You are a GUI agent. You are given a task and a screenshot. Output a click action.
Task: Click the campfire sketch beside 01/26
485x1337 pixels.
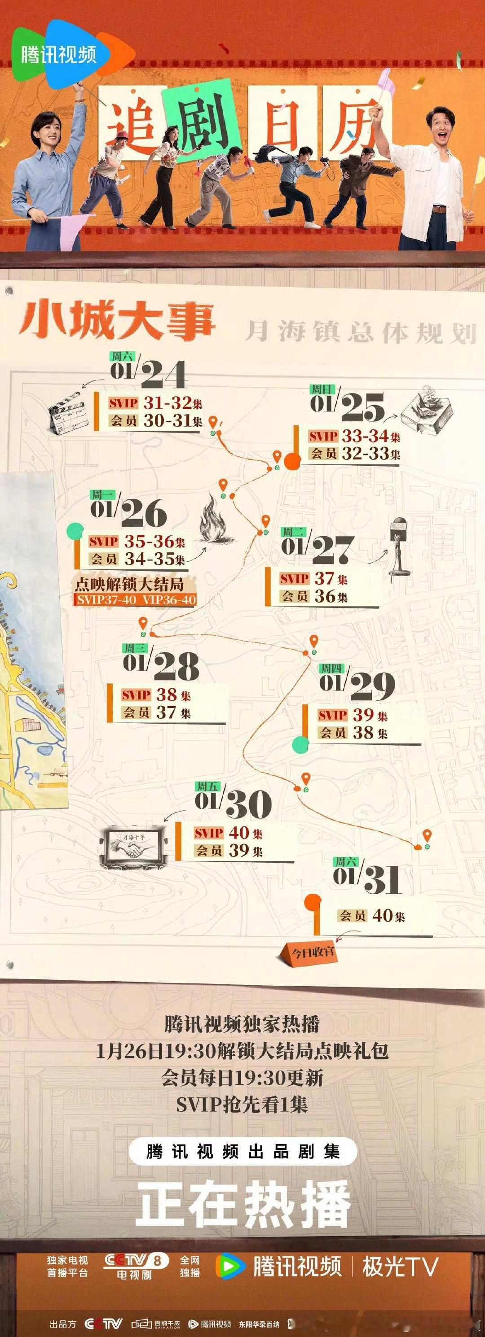[x=216, y=520]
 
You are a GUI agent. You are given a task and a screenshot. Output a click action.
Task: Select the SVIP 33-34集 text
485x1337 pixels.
[x=355, y=436]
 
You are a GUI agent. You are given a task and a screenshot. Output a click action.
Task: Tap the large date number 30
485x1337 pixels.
[x=248, y=804]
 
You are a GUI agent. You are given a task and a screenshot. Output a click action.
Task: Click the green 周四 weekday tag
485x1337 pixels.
[x=332, y=669]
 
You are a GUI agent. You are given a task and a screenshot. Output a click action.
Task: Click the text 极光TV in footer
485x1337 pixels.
[x=400, y=1267]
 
